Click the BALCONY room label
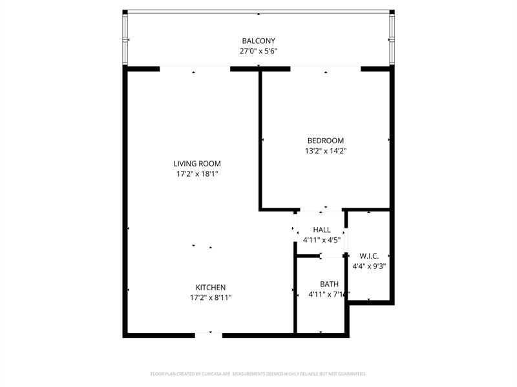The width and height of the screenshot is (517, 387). pos(258,41)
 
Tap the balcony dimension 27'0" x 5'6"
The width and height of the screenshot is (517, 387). pos(258,51)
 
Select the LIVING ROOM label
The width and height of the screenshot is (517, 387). pos(197,164)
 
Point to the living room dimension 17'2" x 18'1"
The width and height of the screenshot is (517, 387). pos(197,174)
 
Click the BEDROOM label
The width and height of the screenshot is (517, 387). pos(325,141)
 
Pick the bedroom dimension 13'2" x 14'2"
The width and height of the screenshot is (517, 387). pos(325,151)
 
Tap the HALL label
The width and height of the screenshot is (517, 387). pos(321,230)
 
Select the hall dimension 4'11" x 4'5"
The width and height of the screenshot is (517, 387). pos(321,240)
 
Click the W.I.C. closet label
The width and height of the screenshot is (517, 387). pos(369,255)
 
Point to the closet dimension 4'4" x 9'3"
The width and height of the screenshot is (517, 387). pos(369,266)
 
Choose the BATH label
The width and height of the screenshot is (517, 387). pos(329,284)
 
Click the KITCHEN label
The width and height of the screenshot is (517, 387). pos(211,288)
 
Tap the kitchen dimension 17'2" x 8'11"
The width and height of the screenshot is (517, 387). pos(211,298)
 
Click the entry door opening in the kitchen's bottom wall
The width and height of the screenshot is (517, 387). pos(208,335)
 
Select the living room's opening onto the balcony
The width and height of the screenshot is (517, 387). pos(195,68)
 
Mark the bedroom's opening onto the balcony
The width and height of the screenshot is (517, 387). pos(325,68)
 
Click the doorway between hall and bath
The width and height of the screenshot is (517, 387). pos(332,256)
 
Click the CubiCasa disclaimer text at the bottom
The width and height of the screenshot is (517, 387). pos(258,374)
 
